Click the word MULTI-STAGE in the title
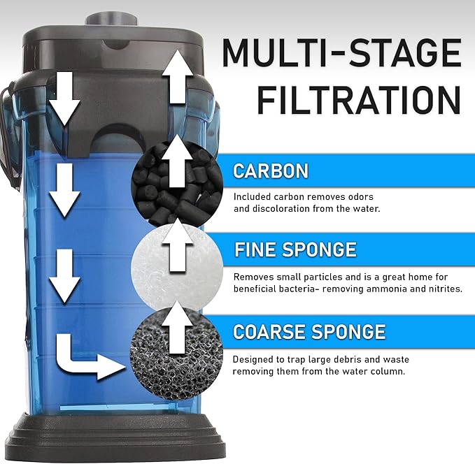pyautogui.click(x=341, y=53)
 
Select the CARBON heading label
pyautogui.click(x=270, y=171)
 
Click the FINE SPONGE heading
pyautogui.click(x=295, y=249)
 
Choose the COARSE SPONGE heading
pyautogui.click(x=309, y=331)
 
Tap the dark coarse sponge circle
pyautogui.click(x=177, y=346)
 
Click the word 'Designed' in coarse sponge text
pyautogui.click(x=254, y=360)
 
